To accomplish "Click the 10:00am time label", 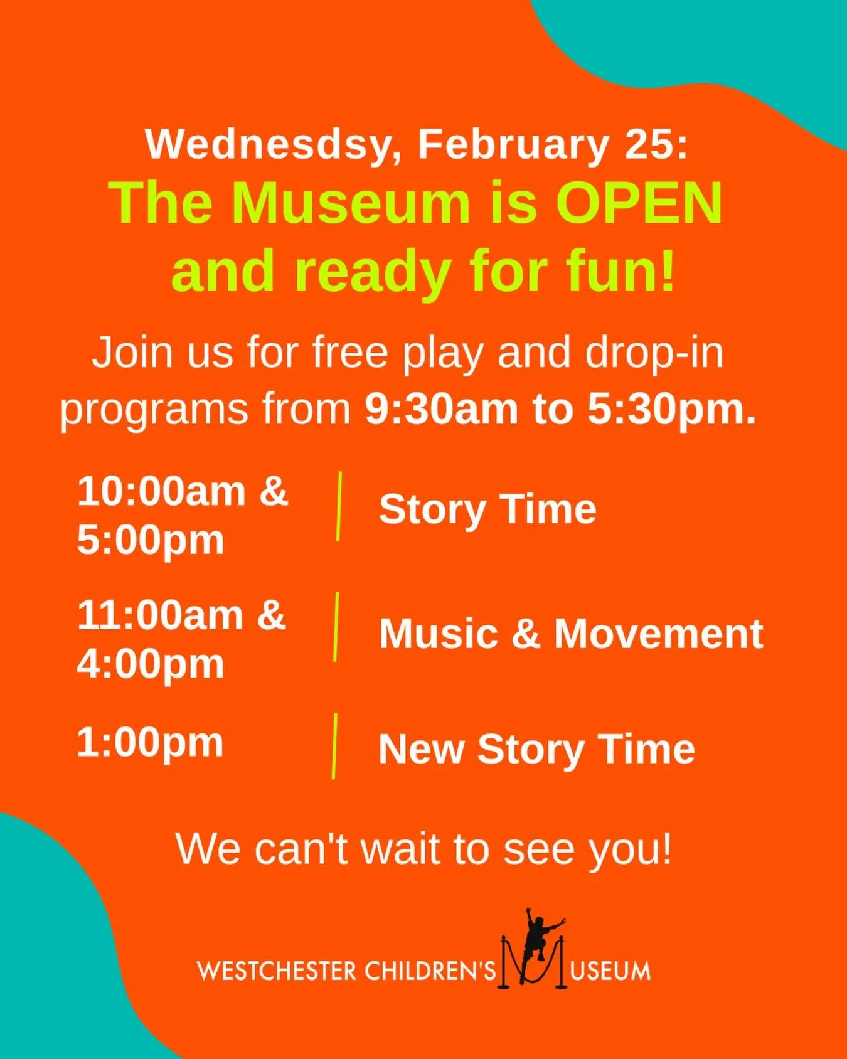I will [x=161, y=491].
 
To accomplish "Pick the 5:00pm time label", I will [x=151, y=540].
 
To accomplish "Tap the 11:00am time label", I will [x=161, y=615].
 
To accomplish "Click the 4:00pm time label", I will [x=151, y=664].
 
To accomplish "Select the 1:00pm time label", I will [x=150, y=743].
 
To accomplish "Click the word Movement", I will [x=658, y=634].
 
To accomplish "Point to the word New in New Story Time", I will [x=421, y=749].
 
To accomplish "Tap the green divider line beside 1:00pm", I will [x=334, y=747].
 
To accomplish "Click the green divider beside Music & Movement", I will [x=336, y=626].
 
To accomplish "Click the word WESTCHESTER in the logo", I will [x=276, y=972].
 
